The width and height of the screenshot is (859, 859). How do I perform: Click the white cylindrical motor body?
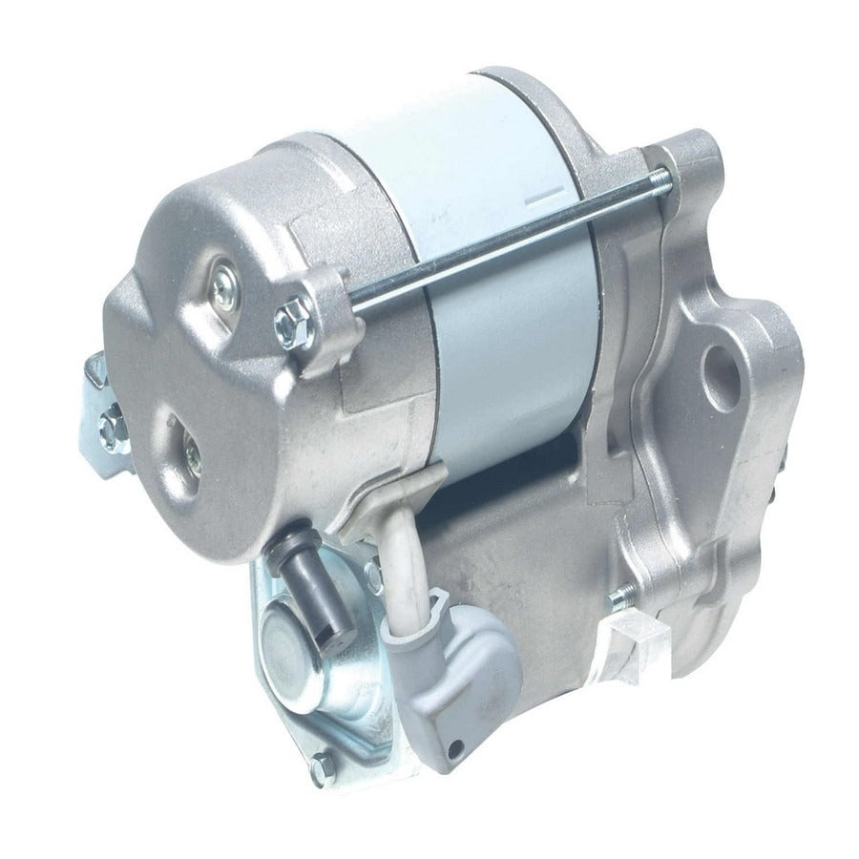[496, 286]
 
